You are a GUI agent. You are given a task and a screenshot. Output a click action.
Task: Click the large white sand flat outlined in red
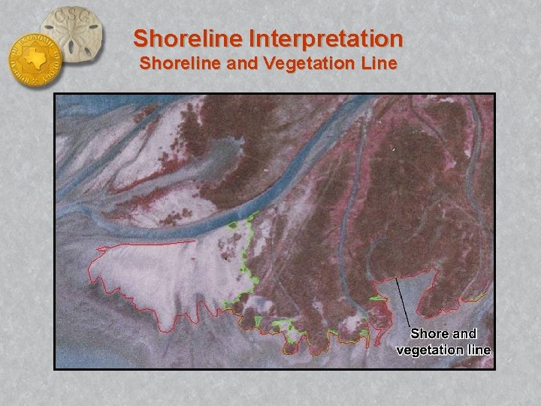pyautogui.click(x=173, y=278)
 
